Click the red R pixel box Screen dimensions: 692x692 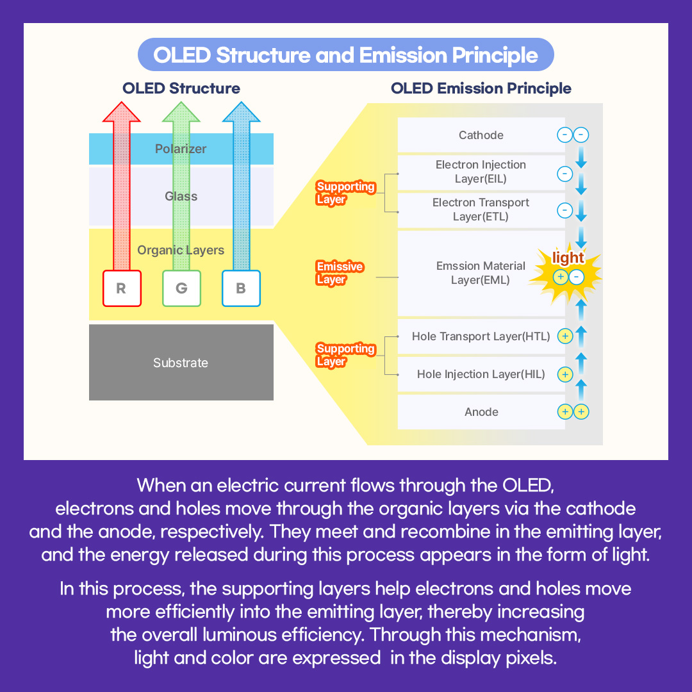[x=121, y=288]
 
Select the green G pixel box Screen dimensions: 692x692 [x=181, y=288]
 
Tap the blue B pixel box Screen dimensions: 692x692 [x=241, y=288]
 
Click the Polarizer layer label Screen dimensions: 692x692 [x=181, y=149]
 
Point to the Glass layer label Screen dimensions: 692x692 [x=181, y=196]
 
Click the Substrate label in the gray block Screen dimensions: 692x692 [x=181, y=363]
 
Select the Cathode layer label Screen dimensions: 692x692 [x=481, y=135]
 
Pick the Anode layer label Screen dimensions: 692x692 [x=481, y=412]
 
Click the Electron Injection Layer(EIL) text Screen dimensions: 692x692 [x=481, y=172]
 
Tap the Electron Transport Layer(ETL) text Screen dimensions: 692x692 [x=481, y=210]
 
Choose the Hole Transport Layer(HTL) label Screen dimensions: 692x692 [x=481, y=336]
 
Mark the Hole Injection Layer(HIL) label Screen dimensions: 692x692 [x=481, y=374]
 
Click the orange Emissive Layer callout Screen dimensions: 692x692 [x=340, y=273]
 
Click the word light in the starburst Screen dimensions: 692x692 [x=568, y=258]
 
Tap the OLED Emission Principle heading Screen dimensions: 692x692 [x=481, y=88]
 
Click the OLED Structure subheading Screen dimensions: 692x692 [x=181, y=88]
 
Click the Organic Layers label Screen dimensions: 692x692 [x=181, y=250]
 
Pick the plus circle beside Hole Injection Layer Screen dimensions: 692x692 [x=564, y=374]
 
